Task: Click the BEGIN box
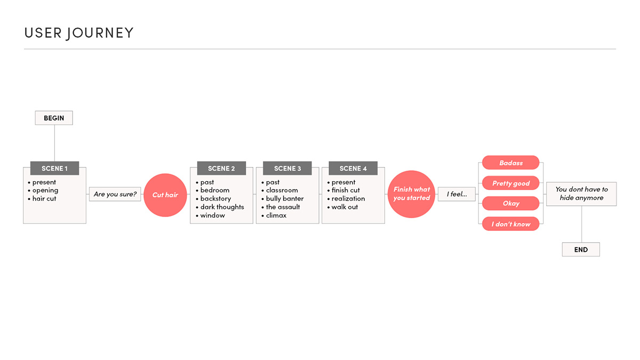54,118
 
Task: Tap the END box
581,250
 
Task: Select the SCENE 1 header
54,169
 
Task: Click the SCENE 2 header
221,169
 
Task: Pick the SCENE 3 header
287,169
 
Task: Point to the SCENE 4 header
353,169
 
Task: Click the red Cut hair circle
165,195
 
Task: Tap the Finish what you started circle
411,194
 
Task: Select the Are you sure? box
115,194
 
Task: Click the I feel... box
457,194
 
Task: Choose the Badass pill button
511,163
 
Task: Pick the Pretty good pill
511,183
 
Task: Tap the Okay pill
511,203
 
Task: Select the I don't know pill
511,223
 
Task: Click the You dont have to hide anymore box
581,194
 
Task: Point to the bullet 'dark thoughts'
220,207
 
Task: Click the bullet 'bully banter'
283,198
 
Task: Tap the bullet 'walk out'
342,207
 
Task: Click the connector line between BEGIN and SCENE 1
54,143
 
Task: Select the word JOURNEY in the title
100,33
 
